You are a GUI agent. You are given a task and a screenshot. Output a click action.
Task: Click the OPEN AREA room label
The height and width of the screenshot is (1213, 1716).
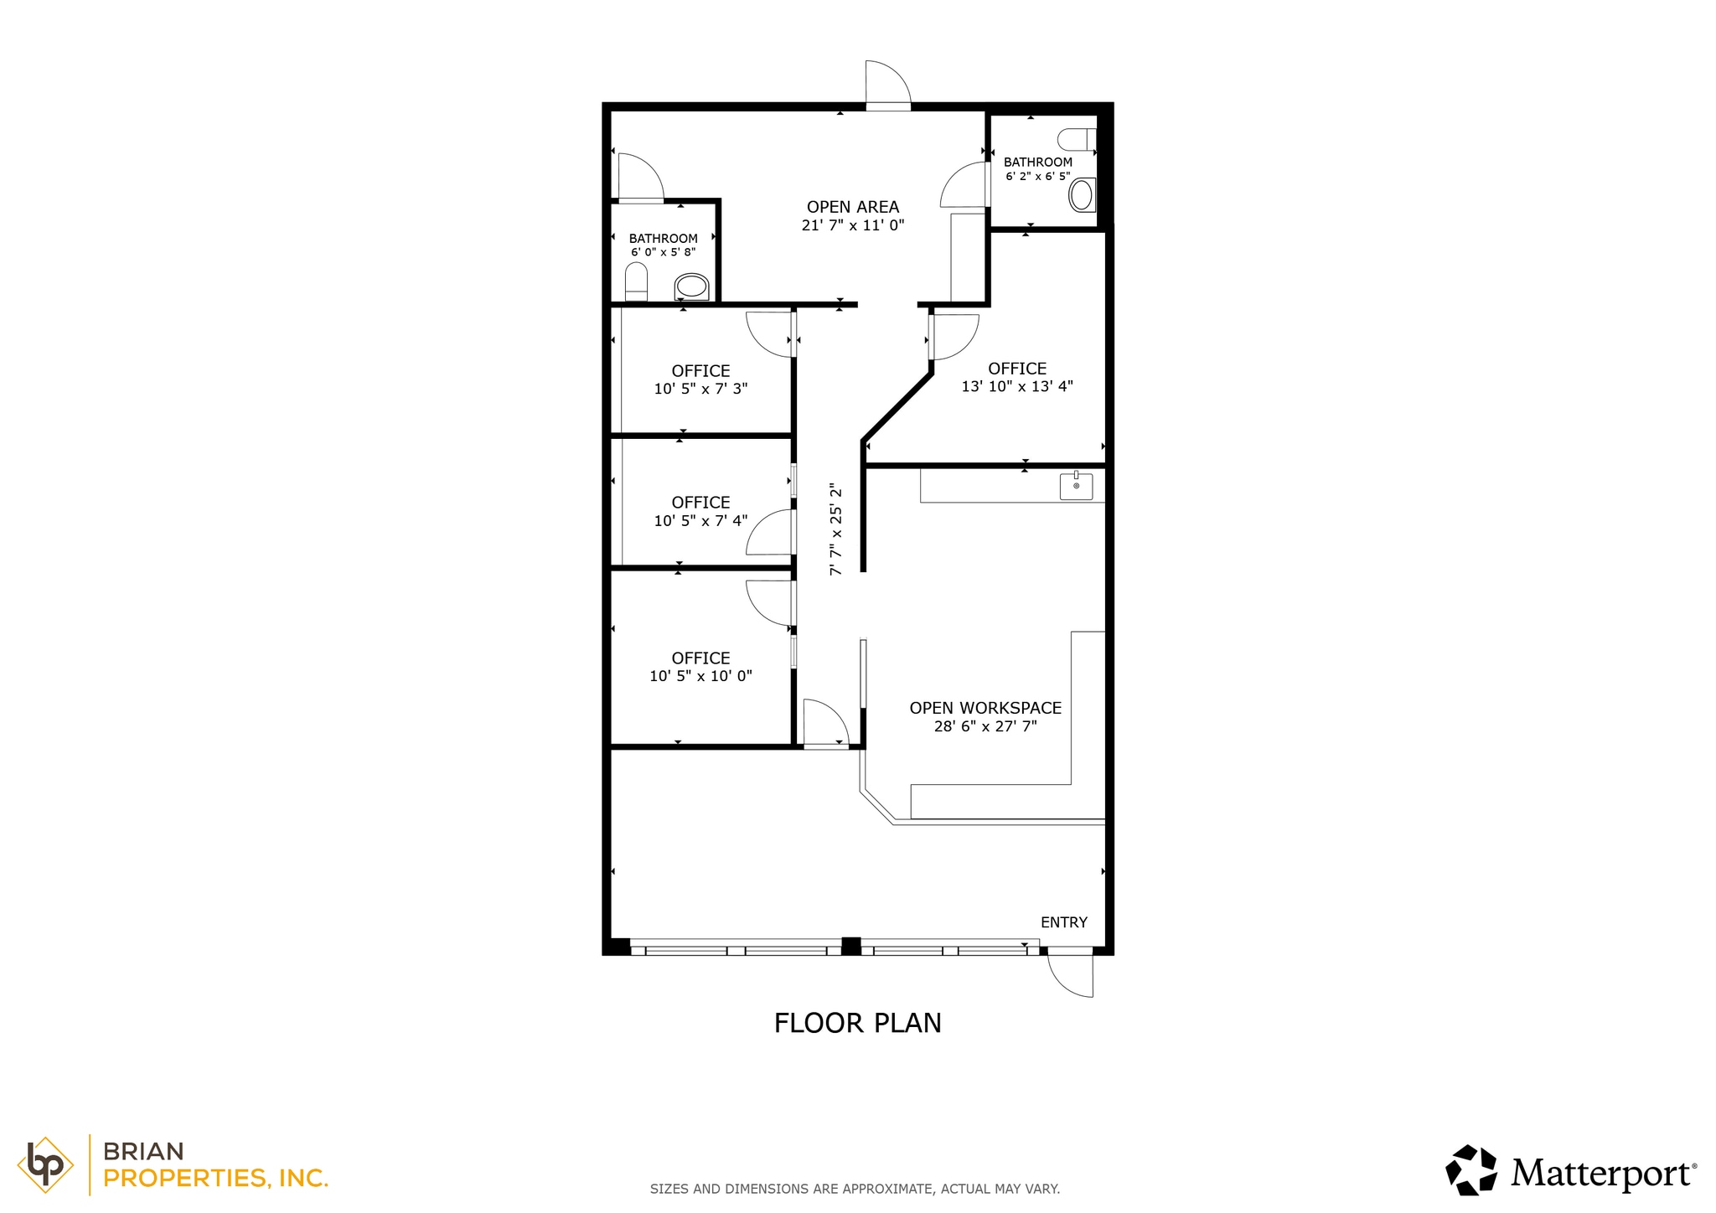click(852, 207)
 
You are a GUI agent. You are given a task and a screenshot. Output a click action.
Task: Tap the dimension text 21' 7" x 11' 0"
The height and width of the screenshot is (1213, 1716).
click(852, 225)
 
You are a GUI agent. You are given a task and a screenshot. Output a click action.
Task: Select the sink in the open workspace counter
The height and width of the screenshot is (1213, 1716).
click(1076, 486)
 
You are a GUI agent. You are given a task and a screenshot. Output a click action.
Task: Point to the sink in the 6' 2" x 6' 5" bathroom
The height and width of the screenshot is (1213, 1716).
click(1082, 195)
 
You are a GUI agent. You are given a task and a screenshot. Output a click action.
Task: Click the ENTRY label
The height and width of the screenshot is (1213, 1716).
click(1063, 922)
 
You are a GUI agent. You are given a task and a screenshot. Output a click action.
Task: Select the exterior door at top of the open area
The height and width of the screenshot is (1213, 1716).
click(886, 85)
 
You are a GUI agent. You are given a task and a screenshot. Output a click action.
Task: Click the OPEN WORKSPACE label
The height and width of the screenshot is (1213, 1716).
click(985, 708)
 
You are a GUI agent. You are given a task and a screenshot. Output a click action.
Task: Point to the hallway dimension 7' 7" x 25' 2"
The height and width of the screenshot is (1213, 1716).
click(835, 529)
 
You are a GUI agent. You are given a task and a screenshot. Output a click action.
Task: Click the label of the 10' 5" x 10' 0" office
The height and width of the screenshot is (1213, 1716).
click(700, 658)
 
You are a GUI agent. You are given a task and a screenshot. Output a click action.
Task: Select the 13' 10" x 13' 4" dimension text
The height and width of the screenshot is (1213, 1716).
click(1016, 387)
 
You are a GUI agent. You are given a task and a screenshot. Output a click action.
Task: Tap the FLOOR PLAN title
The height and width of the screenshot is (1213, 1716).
click(857, 1023)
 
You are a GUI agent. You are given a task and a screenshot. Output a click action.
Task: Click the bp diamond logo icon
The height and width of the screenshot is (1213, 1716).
click(44, 1164)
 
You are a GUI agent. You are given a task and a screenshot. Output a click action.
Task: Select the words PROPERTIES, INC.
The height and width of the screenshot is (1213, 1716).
click(215, 1179)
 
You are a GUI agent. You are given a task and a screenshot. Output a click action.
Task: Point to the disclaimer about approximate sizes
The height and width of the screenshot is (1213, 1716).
click(855, 1189)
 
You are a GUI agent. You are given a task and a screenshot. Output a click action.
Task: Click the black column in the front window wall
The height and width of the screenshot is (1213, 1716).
click(850, 946)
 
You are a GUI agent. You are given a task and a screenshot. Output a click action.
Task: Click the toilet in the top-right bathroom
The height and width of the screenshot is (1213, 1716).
click(1077, 139)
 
